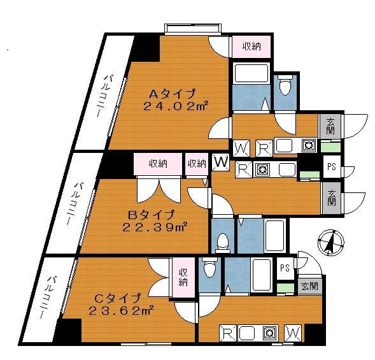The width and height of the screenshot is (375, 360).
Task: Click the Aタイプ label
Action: (172, 94)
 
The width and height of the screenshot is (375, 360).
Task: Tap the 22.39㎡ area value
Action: (154, 227)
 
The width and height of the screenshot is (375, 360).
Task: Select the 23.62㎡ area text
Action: (121, 311)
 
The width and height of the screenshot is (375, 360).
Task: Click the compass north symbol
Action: (331, 242)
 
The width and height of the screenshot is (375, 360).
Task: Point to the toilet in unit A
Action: (287, 85)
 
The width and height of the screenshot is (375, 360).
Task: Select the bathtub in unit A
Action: (251, 73)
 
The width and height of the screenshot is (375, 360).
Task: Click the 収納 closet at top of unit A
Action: (251, 47)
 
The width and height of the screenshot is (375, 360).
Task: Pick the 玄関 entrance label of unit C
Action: (309, 286)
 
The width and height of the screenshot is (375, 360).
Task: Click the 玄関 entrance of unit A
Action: (330, 126)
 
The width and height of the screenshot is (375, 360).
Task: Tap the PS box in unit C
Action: (285, 268)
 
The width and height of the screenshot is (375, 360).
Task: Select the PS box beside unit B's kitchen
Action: (332, 166)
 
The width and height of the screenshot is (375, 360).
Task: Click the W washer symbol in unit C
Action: (294, 333)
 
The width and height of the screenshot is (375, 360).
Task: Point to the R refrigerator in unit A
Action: (264, 148)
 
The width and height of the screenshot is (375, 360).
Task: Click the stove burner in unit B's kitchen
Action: (262, 169)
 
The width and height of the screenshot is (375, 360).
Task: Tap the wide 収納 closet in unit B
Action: (158, 164)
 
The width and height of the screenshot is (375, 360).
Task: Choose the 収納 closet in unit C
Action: (183, 278)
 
